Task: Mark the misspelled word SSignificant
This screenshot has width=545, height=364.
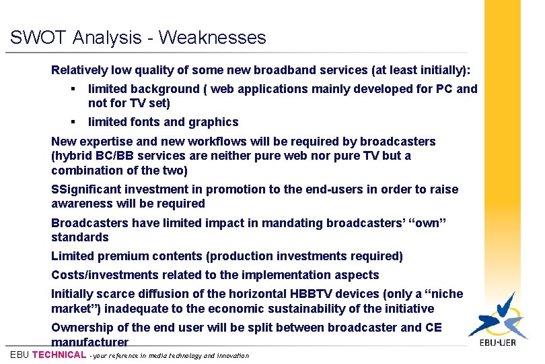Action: tap(87, 189)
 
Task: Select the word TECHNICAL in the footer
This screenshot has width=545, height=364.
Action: tap(59, 355)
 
